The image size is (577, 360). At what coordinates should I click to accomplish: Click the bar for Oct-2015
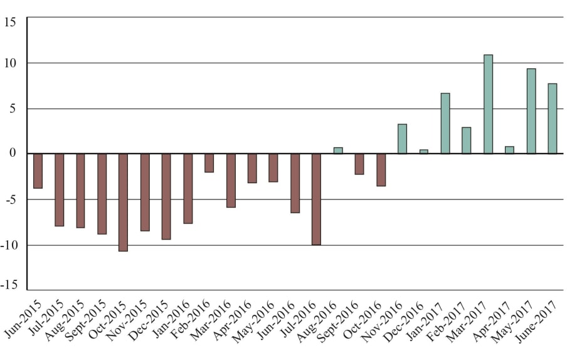pyautogui.click(x=123, y=202)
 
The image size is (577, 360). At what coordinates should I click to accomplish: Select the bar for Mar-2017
pyautogui.click(x=488, y=104)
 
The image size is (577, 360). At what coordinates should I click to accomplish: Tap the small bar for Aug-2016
pyautogui.click(x=338, y=151)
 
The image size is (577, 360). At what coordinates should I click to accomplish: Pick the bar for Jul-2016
pyautogui.click(x=316, y=199)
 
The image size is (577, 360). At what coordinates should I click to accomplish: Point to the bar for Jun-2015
pyautogui.click(x=38, y=171)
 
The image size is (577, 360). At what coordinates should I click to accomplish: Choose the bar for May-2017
pyautogui.click(x=531, y=111)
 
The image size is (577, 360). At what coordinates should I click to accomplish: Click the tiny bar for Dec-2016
pyautogui.click(x=423, y=151)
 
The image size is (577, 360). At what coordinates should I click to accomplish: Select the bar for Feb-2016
pyautogui.click(x=209, y=162)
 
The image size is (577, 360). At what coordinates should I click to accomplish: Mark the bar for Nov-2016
pyautogui.click(x=402, y=139)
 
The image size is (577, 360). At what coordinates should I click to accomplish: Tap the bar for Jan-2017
pyautogui.click(x=445, y=123)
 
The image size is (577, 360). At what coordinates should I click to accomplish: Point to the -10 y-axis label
pyautogui.click(x=11, y=245)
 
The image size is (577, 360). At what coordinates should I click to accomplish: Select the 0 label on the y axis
pyautogui.click(x=17, y=154)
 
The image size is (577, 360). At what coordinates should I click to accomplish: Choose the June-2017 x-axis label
pyautogui.click(x=540, y=320)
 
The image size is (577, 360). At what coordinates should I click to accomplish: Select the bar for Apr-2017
pyautogui.click(x=509, y=150)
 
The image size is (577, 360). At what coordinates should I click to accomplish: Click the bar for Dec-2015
pyautogui.click(x=166, y=196)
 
